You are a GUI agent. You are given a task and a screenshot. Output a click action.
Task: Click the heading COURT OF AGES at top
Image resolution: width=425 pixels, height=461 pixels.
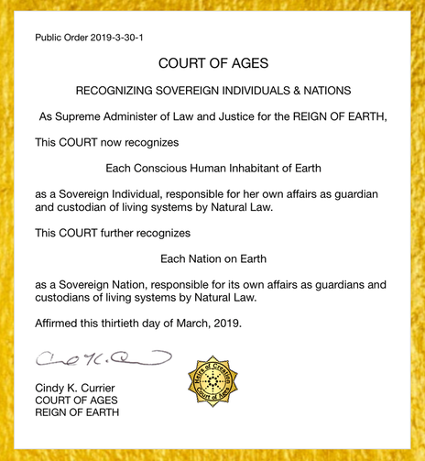[x=212, y=64]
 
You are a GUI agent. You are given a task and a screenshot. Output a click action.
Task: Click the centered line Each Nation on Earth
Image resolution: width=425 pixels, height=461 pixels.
[x=212, y=258]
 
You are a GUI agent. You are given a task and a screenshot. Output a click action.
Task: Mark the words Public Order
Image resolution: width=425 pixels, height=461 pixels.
[x=59, y=38]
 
